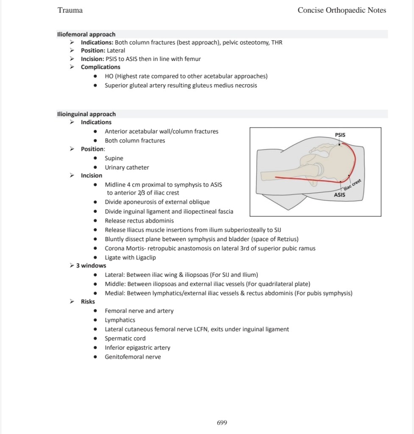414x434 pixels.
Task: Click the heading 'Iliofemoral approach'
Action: (x=86, y=34)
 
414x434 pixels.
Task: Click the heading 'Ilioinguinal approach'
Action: (x=86, y=114)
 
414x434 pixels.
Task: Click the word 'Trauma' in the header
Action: (x=70, y=10)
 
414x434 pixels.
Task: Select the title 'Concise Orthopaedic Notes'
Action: (x=342, y=10)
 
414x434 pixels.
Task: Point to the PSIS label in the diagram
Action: (x=340, y=135)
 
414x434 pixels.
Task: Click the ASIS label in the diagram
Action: (x=339, y=195)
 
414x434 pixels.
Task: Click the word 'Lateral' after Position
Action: (x=116, y=50)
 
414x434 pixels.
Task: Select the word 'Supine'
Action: (x=114, y=158)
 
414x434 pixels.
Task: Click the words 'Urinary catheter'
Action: (x=127, y=167)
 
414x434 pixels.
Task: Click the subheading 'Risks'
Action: (x=88, y=302)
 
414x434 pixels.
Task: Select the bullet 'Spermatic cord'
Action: (x=125, y=338)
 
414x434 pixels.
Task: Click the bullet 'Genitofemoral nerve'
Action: (x=133, y=357)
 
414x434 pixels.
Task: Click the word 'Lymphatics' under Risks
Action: (x=120, y=320)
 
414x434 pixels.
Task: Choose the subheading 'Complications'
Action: (x=100, y=67)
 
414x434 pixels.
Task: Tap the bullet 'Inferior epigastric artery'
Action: (x=137, y=348)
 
